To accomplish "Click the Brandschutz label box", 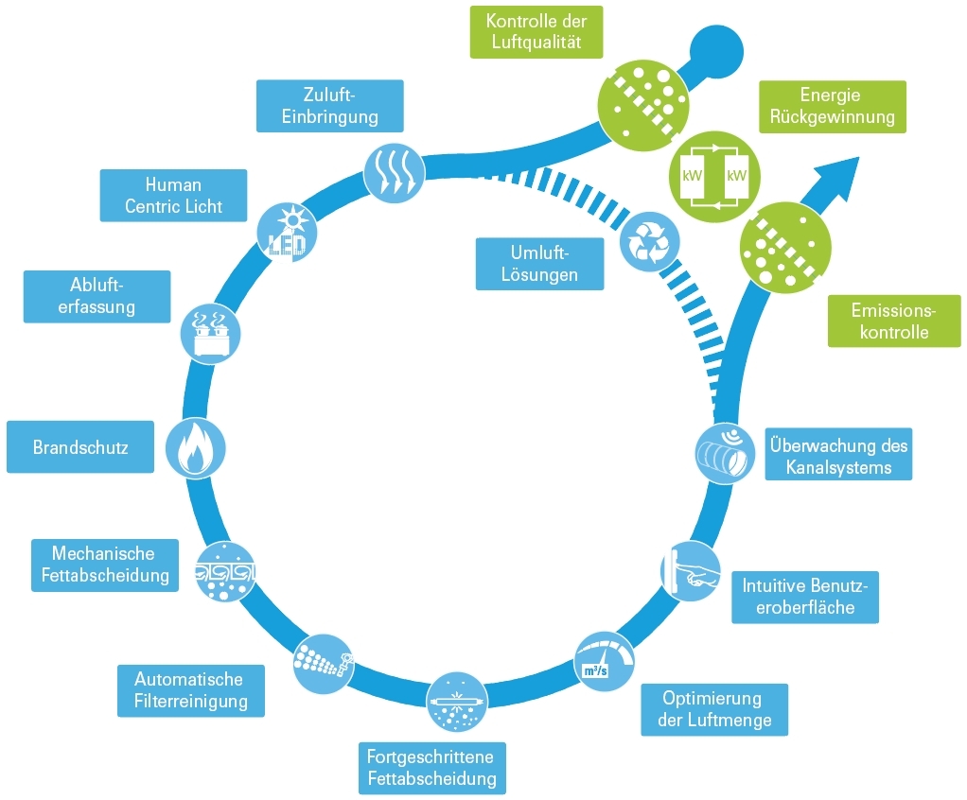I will pos(79,446).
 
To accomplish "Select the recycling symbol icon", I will pos(649,242).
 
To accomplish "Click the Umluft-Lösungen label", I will pos(539,264).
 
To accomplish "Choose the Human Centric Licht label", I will pos(173,195).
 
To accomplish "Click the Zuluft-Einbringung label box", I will pos(329,105).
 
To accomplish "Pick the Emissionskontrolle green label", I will pos(893,321).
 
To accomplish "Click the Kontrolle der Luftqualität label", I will pos(536,31).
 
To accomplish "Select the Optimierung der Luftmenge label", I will pos(713,709).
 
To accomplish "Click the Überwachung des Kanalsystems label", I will pos(838,456).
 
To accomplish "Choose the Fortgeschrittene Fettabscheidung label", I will pos(431,767).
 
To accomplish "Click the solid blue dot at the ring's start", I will pos(711,48).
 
